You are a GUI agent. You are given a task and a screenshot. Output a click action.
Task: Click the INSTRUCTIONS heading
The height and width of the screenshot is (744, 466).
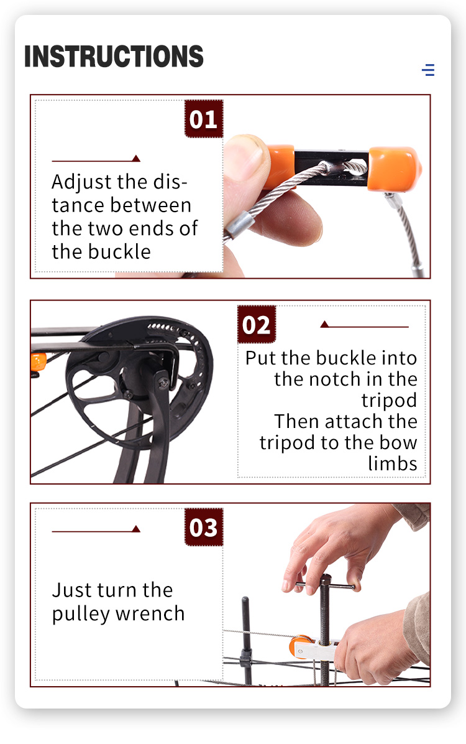click(x=114, y=57)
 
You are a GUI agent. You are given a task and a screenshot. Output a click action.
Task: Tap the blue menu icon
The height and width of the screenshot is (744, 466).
click(x=428, y=70)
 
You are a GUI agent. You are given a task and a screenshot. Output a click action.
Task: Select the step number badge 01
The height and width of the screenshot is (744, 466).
click(x=204, y=119)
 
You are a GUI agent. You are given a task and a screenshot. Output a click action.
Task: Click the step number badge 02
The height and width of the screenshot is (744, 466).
click(x=257, y=325)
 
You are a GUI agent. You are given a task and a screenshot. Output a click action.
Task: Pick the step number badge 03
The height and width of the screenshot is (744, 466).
click(x=204, y=527)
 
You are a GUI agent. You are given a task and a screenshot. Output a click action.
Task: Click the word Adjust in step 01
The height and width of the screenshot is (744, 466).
click(x=81, y=182)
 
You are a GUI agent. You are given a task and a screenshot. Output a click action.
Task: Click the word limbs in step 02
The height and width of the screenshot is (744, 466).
click(x=393, y=463)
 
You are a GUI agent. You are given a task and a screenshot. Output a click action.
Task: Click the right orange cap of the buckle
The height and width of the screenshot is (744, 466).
click(x=394, y=169)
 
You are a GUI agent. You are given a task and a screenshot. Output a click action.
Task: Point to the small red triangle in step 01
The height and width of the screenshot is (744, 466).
click(x=136, y=159)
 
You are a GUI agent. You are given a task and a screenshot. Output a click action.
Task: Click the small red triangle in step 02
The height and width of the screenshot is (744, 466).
click(x=325, y=324)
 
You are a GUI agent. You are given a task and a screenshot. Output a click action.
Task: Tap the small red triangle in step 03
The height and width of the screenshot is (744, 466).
click(x=136, y=529)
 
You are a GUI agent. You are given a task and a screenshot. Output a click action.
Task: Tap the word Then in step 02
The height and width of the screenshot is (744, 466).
click(x=297, y=421)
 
